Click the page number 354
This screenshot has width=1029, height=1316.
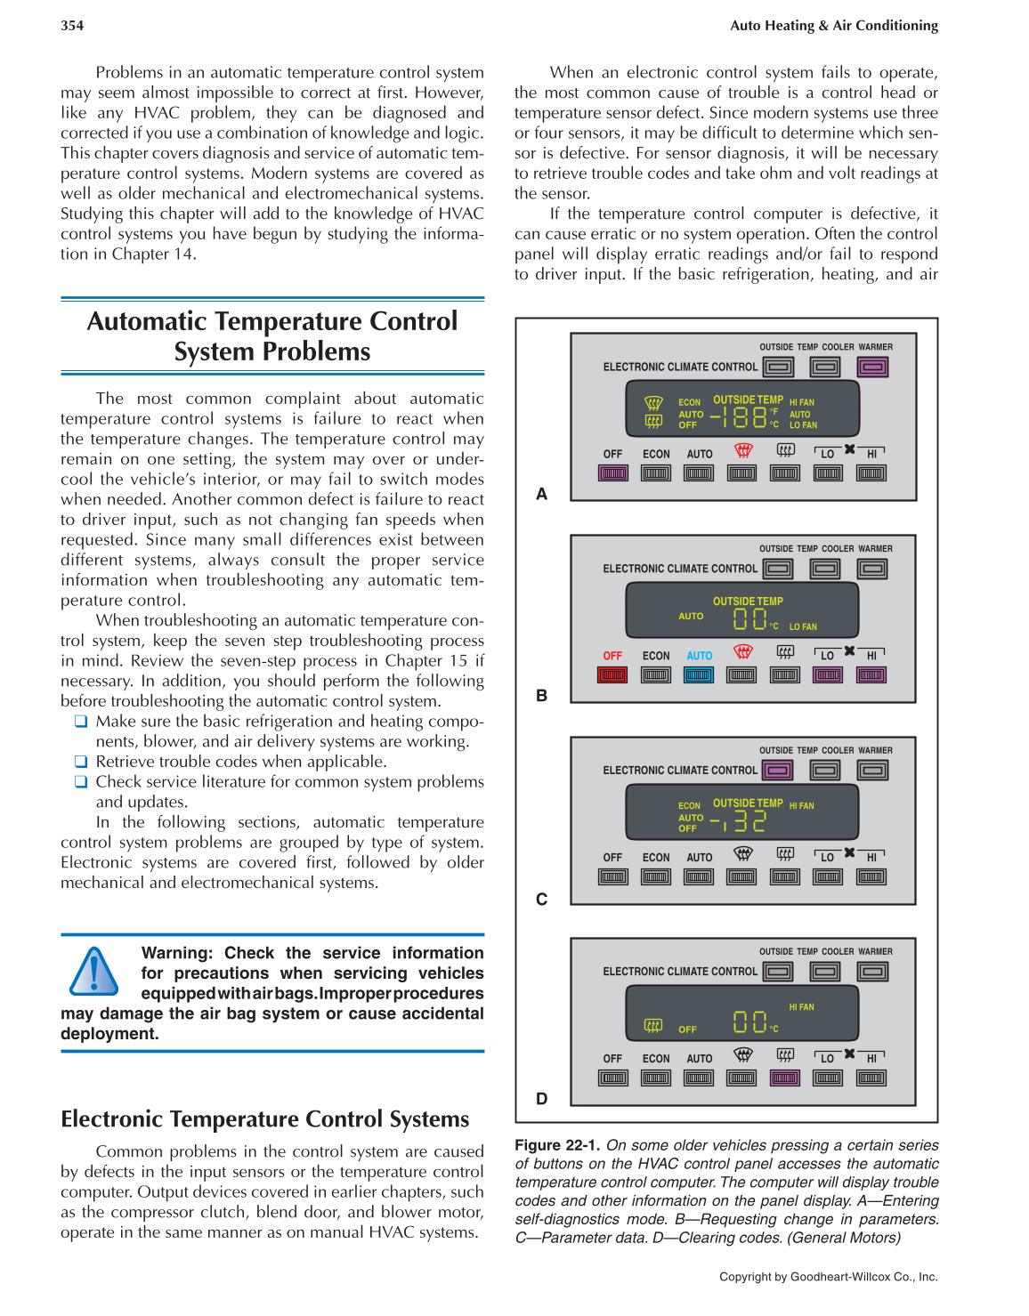72,26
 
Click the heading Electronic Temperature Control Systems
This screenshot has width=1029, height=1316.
264,1118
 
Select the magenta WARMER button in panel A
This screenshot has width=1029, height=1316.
872,367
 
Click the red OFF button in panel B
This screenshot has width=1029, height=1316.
612,675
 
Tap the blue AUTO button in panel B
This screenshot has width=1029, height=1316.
699,675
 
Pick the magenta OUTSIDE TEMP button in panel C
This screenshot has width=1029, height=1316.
778,771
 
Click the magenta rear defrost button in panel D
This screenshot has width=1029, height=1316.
784,1078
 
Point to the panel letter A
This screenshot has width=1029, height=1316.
541,494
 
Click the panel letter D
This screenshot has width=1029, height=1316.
541,1099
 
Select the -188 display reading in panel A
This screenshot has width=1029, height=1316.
738,416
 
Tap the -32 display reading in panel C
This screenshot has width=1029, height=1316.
738,821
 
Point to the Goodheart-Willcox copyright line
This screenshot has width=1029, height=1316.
828,1277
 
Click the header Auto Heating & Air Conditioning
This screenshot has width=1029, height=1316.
833,26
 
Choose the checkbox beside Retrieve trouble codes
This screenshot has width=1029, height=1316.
81,762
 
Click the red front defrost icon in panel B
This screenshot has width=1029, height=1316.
742,651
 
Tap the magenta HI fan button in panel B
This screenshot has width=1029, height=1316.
871,675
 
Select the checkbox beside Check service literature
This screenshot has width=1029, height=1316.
81,782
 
